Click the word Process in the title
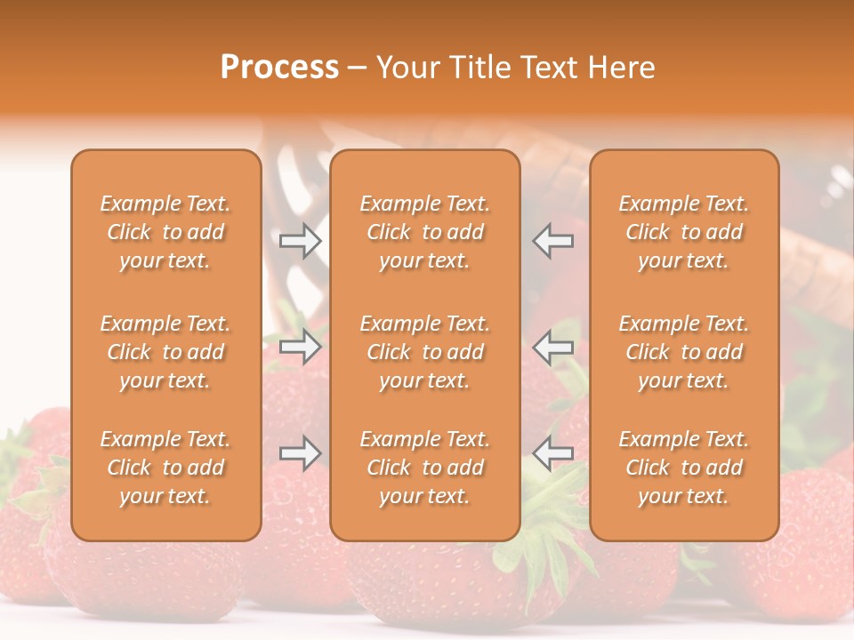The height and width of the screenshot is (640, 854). (279, 68)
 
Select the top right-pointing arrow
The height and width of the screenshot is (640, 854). (301, 241)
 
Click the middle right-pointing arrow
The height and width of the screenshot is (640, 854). (301, 347)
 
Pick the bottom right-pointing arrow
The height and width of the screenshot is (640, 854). (301, 453)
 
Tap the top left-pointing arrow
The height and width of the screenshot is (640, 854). (552, 241)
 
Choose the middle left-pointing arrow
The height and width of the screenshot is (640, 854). (552, 347)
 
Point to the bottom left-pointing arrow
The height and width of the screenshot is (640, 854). (552, 453)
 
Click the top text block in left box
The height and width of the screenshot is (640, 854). (165, 232)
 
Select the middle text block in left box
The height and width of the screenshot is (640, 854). (165, 352)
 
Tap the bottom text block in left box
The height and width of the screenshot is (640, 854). (165, 468)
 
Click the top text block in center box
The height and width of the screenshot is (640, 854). (424, 232)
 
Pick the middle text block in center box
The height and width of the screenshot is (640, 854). (424, 352)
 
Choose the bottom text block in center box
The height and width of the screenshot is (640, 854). (424, 468)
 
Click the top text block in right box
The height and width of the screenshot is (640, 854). (683, 232)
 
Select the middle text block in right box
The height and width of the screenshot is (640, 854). (683, 352)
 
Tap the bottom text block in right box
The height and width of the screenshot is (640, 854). (683, 468)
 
